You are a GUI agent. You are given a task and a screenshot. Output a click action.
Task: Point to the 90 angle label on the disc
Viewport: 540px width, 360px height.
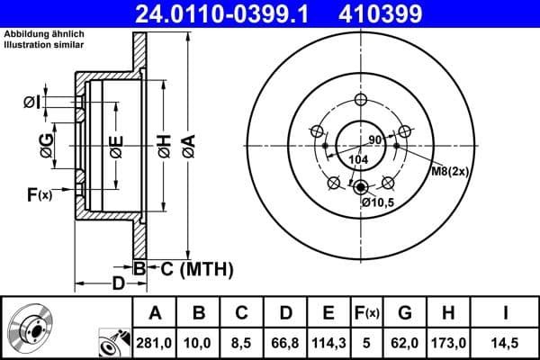pos(375,140)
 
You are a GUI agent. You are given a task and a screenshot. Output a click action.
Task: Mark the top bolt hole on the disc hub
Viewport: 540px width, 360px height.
pos(360,100)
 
